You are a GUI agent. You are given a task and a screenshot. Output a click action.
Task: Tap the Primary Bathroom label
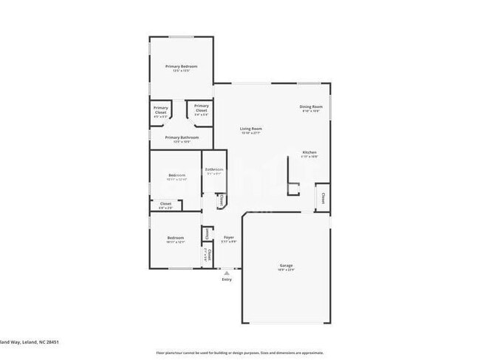[182, 137]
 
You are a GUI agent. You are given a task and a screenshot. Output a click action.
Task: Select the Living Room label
[251, 129]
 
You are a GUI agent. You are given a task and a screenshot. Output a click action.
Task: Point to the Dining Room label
[311, 106]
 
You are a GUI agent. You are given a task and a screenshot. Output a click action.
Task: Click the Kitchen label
[309, 152]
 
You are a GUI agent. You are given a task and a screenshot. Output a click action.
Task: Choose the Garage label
[286, 265]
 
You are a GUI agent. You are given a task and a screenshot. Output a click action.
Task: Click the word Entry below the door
[226, 279]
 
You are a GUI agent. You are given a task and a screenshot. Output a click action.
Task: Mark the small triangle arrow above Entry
[226, 272]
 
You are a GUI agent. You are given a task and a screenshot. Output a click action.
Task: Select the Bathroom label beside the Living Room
[214, 169]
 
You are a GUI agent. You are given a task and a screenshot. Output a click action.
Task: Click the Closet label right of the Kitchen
[323, 197]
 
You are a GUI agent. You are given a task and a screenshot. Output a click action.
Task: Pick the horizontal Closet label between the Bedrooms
[165, 203]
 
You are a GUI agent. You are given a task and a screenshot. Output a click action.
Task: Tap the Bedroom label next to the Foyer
[175, 237]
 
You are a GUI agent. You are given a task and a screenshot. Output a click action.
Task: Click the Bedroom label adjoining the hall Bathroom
[176, 174]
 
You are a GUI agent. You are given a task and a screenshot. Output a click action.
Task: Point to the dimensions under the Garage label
[286, 270]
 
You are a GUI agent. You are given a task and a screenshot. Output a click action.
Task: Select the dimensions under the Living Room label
[251, 133]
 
